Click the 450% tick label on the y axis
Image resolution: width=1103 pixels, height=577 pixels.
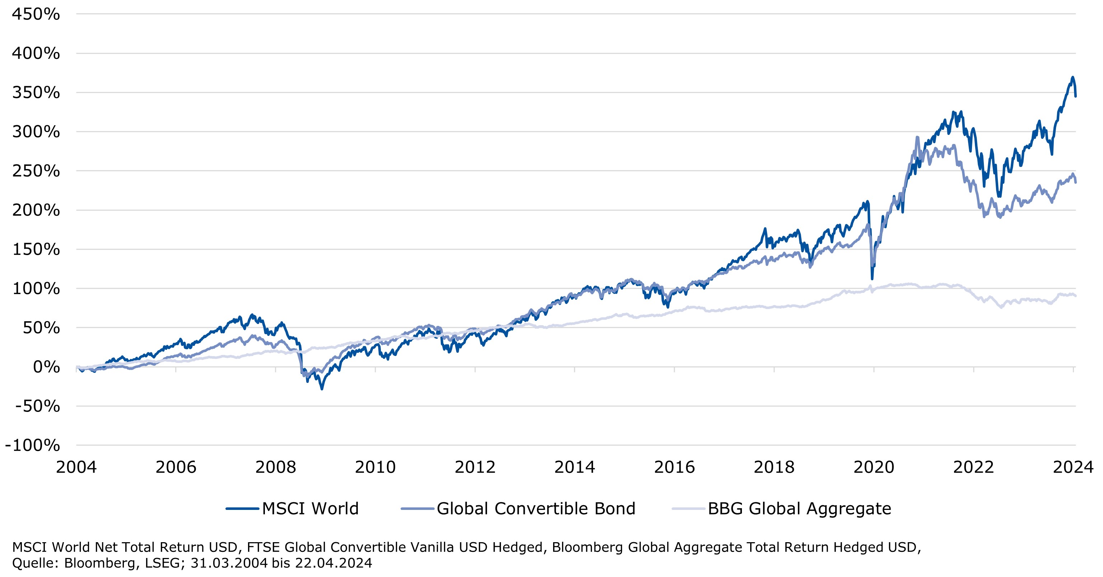click(x=36, y=15)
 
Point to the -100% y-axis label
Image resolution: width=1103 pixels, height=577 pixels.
click(x=33, y=446)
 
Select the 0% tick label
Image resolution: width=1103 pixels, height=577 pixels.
click(x=46, y=367)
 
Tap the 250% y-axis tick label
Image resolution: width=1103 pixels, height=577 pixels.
click(x=36, y=171)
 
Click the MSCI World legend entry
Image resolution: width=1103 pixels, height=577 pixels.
click(x=310, y=509)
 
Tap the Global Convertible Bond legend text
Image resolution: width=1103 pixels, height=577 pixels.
click(x=536, y=509)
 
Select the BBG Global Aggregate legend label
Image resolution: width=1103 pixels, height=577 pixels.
click(x=799, y=509)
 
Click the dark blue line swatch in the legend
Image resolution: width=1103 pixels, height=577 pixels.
click(x=242, y=509)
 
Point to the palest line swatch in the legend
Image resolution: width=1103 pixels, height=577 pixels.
click(x=688, y=509)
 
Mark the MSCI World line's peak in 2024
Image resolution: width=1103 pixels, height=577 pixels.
click(x=1072, y=78)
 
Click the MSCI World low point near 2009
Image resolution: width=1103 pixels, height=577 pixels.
click(x=322, y=389)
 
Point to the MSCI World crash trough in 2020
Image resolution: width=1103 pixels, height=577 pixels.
click(x=872, y=279)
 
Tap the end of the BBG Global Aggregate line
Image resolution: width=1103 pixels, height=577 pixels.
click(x=1076, y=296)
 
